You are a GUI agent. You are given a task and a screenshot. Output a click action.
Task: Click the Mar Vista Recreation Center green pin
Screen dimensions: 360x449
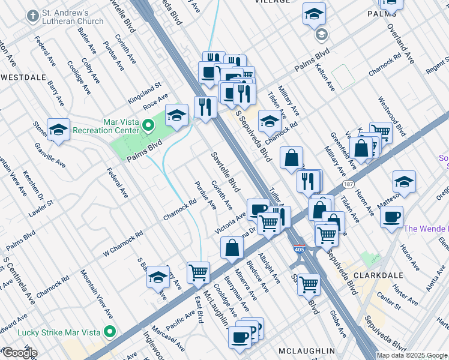pyautogui.click(x=150, y=125)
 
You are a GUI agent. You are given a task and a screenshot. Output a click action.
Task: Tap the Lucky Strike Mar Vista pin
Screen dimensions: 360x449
pyautogui.click(x=109, y=332)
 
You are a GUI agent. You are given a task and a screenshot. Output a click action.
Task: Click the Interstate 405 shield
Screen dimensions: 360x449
pyautogui.click(x=298, y=249)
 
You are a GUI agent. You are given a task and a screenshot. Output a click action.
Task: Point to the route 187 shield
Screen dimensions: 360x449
pyautogui.click(x=348, y=184)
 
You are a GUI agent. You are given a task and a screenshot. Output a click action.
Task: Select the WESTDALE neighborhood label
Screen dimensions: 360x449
pyautogui.click(x=23, y=77)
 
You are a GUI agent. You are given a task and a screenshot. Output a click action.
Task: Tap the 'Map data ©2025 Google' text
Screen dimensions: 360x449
pyautogui.click(x=412, y=355)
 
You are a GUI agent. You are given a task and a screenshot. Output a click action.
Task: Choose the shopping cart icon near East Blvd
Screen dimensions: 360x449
pyautogui.click(x=198, y=272)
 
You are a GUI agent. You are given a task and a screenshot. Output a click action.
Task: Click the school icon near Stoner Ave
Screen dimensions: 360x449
pyautogui.click(x=58, y=129)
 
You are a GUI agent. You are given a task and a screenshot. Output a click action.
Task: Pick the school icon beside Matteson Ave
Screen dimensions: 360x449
pyautogui.click(x=404, y=181)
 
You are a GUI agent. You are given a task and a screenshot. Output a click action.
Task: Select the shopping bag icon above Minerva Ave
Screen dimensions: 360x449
pyautogui.click(x=232, y=247)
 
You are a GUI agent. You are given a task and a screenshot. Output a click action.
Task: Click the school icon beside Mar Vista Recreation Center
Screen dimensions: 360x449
pyautogui.click(x=176, y=115)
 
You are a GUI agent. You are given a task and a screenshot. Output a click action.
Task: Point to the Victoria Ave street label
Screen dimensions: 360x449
pyautogui.click(x=231, y=224)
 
